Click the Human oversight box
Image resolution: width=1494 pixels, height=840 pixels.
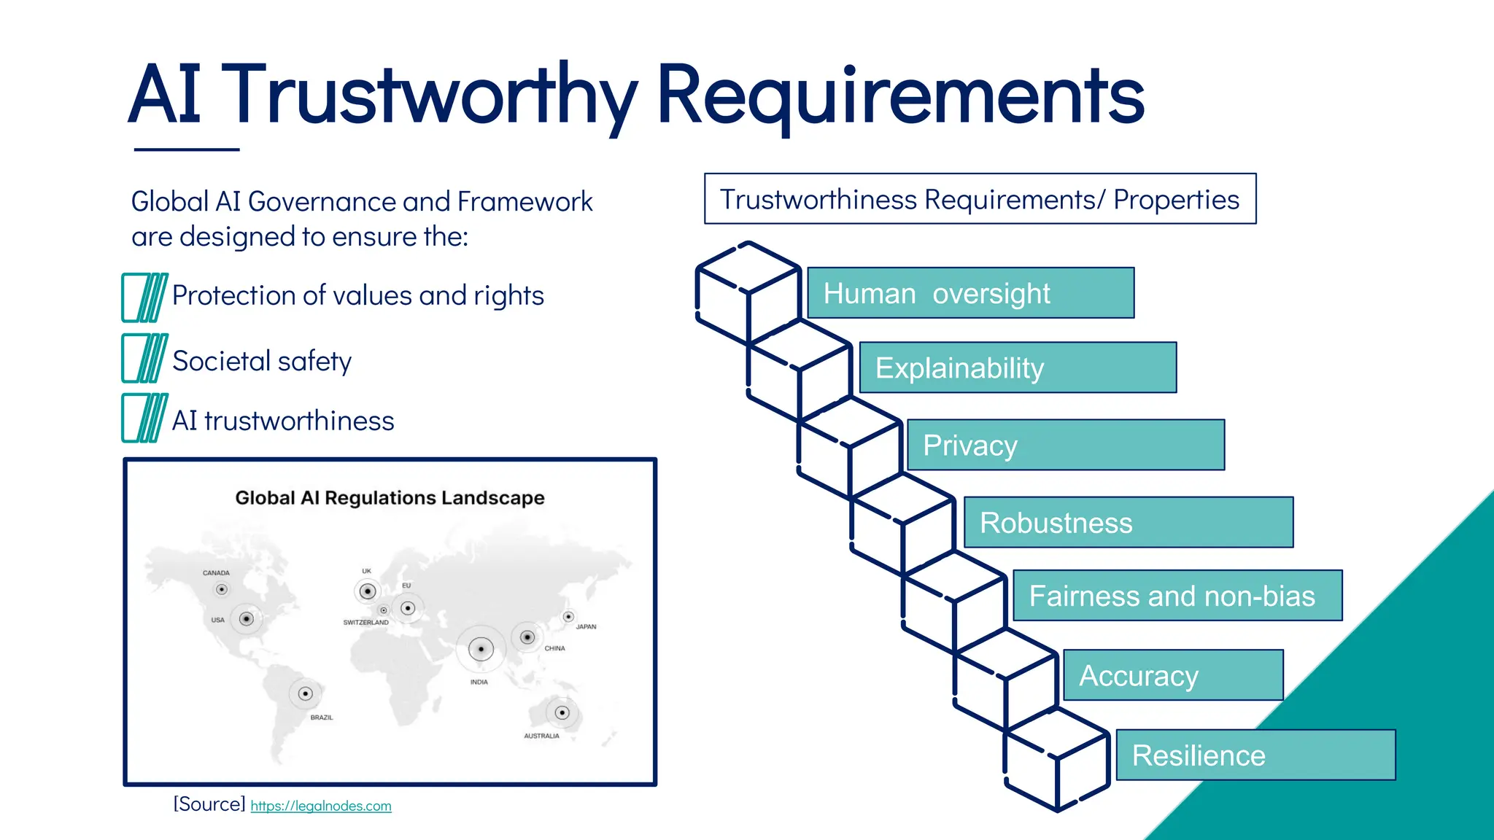point(970,293)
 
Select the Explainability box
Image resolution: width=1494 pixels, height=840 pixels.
point(1018,367)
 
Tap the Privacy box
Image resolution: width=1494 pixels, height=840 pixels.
point(1065,445)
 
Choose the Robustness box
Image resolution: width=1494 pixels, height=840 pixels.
point(1128,522)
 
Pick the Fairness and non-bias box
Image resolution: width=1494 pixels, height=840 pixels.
point(1177,596)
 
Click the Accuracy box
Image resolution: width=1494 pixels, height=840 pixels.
point(1172,675)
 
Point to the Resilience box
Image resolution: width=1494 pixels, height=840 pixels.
point(1255,755)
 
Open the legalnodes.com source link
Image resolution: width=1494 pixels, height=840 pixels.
point(321,806)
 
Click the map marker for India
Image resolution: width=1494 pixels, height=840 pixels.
point(481,648)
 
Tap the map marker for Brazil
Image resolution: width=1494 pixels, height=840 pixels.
point(306,693)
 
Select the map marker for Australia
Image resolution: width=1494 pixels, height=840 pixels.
point(562,712)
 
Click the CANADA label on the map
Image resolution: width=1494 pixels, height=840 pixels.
point(216,573)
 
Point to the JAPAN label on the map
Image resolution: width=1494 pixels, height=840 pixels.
point(586,626)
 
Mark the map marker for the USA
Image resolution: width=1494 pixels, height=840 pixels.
point(247,619)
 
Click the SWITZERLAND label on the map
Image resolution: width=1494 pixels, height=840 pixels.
point(365,623)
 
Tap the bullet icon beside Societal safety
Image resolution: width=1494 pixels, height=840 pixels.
point(144,358)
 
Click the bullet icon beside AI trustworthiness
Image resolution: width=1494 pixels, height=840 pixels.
point(144,418)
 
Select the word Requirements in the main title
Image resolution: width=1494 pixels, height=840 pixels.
point(900,95)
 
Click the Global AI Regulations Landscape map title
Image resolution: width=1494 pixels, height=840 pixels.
point(390,498)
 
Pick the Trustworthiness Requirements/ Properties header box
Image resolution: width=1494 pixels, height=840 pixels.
point(980,199)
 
